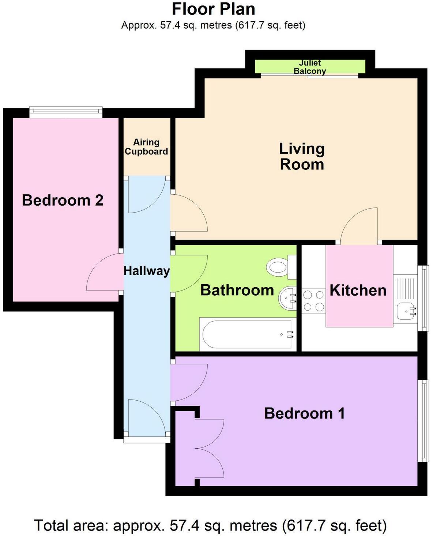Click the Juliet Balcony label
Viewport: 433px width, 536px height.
310,67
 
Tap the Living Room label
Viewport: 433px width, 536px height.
302,157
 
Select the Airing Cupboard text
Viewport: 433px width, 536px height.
146,147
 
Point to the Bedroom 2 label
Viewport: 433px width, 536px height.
63,200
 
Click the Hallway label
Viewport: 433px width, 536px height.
147,271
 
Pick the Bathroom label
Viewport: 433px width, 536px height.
237,290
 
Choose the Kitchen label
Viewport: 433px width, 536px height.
358,290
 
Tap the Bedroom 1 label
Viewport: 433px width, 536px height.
304,413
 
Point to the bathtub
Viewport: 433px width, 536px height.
247,334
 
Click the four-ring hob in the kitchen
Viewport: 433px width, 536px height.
313,301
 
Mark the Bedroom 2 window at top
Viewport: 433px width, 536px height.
66,112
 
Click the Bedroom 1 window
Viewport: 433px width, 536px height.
423,420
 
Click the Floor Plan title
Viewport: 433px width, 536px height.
213,9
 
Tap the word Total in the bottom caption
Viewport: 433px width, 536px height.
51,526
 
